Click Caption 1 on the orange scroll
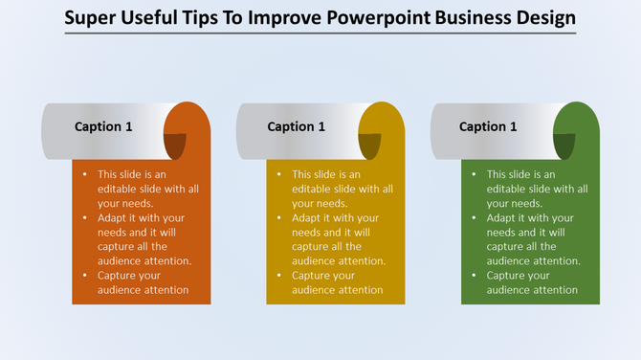coord(103,126)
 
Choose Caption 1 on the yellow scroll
coord(297,126)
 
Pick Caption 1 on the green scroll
coord(488,126)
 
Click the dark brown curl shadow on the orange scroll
coord(174,146)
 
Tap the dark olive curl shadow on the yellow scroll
coord(369,146)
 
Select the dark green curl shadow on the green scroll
coord(564,146)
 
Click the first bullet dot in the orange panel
coord(84,174)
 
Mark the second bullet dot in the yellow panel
coord(278,217)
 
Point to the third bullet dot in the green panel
coord(474,275)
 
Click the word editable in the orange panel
coord(120,189)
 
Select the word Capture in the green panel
coord(508,275)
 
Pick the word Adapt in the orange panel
coord(113,217)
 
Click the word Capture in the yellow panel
coord(313,275)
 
